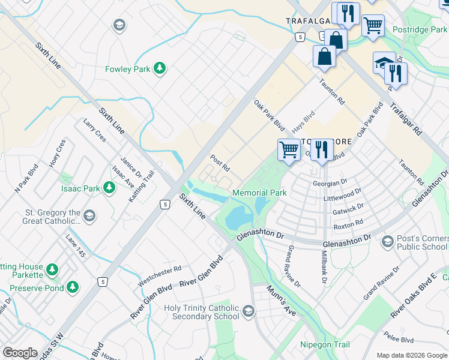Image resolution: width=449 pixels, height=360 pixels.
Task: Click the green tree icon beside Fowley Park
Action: pos(160,69)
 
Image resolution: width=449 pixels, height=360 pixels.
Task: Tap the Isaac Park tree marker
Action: pos(109,188)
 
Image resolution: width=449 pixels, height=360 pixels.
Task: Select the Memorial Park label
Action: pos(259,193)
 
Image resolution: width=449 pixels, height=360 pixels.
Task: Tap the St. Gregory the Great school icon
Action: pos(89,215)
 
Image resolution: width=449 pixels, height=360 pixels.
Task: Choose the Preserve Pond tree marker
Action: pos(73,287)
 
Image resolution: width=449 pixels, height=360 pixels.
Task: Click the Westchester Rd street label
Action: pos(160,277)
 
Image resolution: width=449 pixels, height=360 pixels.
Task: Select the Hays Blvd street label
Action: pos(303,124)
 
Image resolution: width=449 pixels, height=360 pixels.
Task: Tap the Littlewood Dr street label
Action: pos(343,194)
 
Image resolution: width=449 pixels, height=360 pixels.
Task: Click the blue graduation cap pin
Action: pos(382,62)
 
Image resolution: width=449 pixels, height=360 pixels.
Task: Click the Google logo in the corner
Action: pos(20,353)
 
